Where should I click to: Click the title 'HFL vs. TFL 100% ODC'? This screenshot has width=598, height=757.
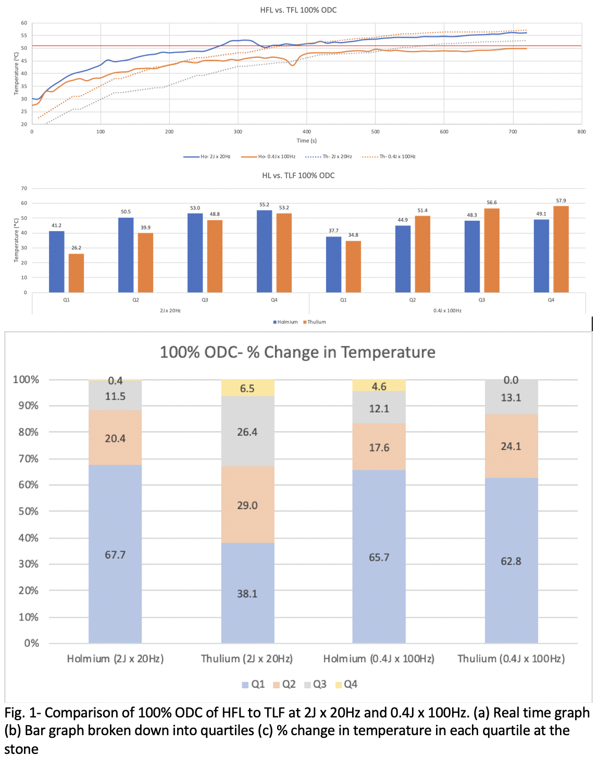(x=298, y=10)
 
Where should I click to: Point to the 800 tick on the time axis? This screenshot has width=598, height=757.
(x=581, y=132)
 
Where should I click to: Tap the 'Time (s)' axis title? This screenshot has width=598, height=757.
(x=307, y=141)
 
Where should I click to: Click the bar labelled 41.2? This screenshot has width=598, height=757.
(x=56, y=261)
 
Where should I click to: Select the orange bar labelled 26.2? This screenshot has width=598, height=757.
(x=76, y=273)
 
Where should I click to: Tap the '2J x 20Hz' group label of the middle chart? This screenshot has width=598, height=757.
(x=170, y=311)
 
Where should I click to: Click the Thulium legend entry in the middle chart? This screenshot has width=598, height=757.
(x=316, y=322)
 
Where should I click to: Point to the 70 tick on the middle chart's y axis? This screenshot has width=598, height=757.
(x=24, y=188)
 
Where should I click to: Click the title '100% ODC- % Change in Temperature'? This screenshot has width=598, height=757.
(x=297, y=352)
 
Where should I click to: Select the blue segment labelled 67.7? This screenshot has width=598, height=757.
(x=115, y=554)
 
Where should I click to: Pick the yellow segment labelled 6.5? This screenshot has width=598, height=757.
(x=247, y=388)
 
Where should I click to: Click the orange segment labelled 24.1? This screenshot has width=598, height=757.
(x=511, y=446)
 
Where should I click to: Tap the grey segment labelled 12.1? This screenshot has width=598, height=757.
(x=379, y=408)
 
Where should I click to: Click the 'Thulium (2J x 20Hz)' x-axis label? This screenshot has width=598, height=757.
(x=247, y=659)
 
